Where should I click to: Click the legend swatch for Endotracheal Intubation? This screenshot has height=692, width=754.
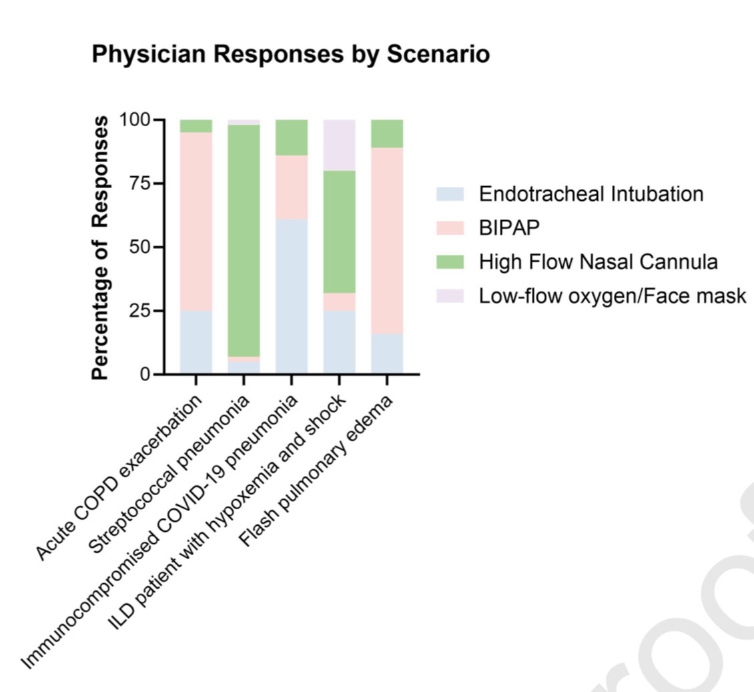pyautogui.click(x=450, y=194)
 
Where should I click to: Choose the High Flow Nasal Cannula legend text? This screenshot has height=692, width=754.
pyautogui.click(x=599, y=262)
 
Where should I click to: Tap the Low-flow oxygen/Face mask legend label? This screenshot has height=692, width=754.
pyautogui.click(x=613, y=296)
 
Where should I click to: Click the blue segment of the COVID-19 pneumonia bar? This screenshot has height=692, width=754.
pyautogui.click(x=292, y=296)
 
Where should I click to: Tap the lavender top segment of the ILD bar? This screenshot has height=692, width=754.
pyautogui.click(x=339, y=145)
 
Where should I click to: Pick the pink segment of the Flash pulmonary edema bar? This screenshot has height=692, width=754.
pyautogui.click(x=387, y=241)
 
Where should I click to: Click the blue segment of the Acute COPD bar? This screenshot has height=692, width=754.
pyautogui.click(x=196, y=342)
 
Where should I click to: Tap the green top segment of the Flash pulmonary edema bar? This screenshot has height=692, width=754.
pyautogui.click(x=387, y=133)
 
